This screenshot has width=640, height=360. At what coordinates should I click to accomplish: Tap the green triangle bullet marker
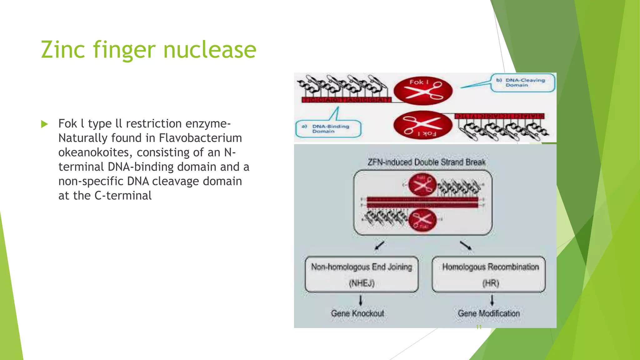click(44, 124)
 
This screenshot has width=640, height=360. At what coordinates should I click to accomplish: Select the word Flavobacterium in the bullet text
click(200, 138)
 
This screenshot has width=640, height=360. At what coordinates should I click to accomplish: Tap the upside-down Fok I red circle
click(422, 125)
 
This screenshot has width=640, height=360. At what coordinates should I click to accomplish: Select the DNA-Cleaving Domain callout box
click(522, 82)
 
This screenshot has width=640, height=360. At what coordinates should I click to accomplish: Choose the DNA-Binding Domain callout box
click(328, 128)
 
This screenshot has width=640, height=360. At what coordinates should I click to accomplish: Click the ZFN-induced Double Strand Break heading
click(426, 162)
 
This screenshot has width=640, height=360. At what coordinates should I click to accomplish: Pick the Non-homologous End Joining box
click(362, 274)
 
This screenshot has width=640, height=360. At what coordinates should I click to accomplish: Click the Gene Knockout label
click(357, 313)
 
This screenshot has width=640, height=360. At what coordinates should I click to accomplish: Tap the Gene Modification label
click(489, 313)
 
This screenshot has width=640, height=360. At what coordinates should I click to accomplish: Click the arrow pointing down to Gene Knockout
click(361, 300)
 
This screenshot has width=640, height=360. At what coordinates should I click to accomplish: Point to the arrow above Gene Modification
click(492, 300)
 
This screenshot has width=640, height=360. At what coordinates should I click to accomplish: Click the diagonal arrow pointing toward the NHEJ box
click(379, 245)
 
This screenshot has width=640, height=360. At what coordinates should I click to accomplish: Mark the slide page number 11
click(478, 327)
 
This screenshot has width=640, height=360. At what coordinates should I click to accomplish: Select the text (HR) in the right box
click(490, 283)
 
